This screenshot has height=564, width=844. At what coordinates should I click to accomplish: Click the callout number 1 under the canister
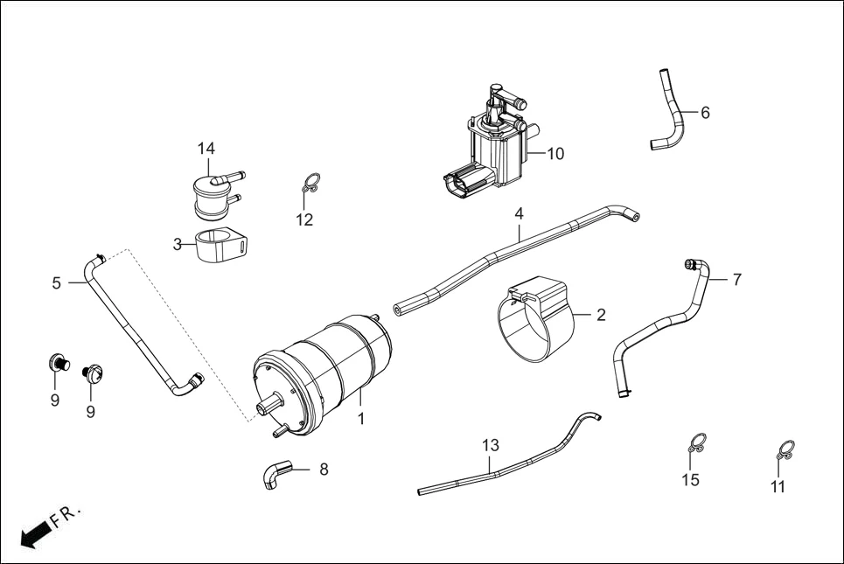pyautogui.click(x=360, y=420)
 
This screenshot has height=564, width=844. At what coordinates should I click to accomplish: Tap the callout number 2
pyautogui.click(x=601, y=315)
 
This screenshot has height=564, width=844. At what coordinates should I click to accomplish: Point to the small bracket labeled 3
pyautogui.click(x=219, y=246)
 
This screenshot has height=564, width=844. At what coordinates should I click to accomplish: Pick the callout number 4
pyautogui.click(x=519, y=213)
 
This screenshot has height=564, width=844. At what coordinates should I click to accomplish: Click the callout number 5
pyautogui.click(x=57, y=282)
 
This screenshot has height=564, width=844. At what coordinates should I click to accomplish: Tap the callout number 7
pyautogui.click(x=736, y=279)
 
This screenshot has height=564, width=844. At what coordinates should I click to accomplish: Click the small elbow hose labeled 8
pyautogui.click(x=274, y=475)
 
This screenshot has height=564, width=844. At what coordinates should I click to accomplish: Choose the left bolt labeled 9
pyautogui.click(x=59, y=362)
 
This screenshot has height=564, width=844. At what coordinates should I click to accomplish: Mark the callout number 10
pyautogui.click(x=555, y=154)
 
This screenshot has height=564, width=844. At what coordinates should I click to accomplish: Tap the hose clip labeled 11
pyautogui.click(x=785, y=450)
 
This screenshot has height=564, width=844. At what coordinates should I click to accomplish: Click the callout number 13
pyautogui.click(x=490, y=444)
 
